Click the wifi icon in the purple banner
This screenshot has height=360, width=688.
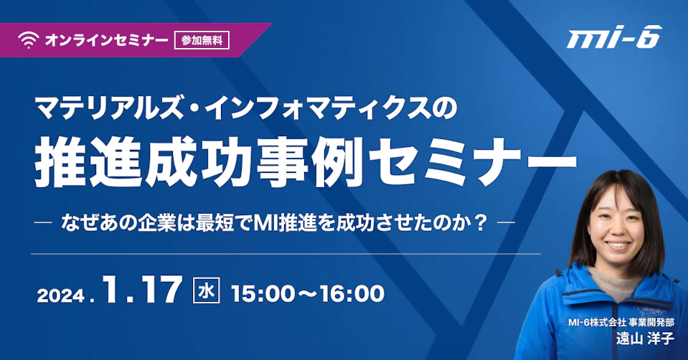click(29, 40)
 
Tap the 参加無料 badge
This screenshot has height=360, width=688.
click(202, 40)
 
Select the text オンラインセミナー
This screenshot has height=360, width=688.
click(107, 40)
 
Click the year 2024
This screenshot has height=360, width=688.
click(61, 295)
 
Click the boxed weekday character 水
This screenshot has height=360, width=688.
click(206, 290)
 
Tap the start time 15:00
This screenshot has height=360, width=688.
click(262, 294)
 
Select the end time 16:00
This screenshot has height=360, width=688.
click(352, 294)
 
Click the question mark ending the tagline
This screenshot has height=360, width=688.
click(481, 223)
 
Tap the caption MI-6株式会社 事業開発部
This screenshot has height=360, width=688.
click(621, 322)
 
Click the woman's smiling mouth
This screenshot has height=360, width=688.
click(618, 245)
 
